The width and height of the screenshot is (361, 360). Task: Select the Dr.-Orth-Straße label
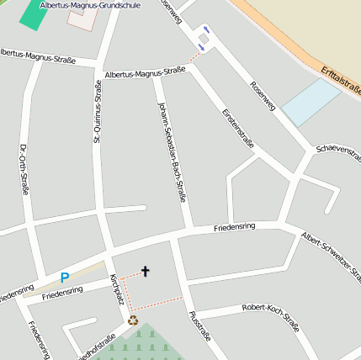pyautogui.click(x=23, y=171)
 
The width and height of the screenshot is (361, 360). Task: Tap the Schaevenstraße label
pyautogui.click(x=338, y=148)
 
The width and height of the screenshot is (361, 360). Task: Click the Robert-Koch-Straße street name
pyautogui.click(x=270, y=313)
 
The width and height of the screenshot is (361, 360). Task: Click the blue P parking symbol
pyautogui.click(x=65, y=277)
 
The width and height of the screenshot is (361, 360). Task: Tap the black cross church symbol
pyautogui.click(x=145, y=271)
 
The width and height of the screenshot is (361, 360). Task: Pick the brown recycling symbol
pyautogui.click(x=132, y=320)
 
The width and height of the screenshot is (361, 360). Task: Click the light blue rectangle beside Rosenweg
pyautogui.click(x=311, y=103)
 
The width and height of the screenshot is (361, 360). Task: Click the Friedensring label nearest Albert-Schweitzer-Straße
pyautogui.click(x=234, y=227)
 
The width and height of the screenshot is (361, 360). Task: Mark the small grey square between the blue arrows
pyautogui.click(x=204, y=39)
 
